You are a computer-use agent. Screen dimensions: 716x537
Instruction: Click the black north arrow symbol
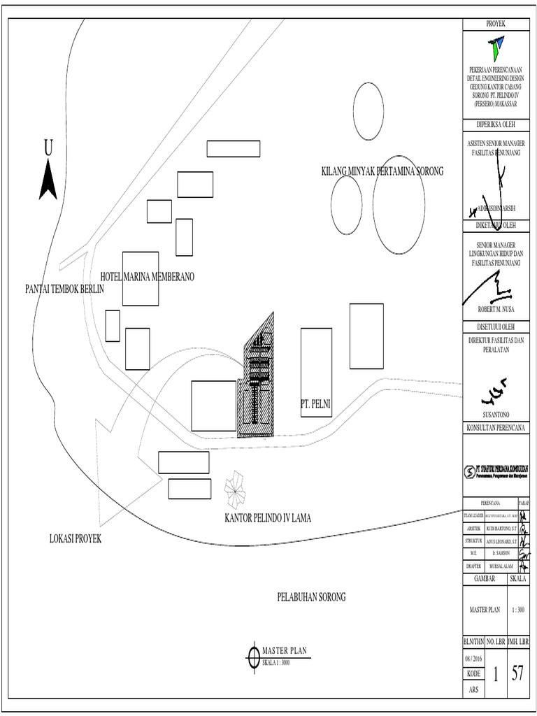click(48, 178)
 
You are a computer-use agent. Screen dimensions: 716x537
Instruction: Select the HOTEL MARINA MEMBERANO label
click(147, 277)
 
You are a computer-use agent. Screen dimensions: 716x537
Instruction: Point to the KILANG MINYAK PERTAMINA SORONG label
click(382, 171)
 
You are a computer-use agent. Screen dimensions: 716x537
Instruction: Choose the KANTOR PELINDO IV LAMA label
click(267, 519)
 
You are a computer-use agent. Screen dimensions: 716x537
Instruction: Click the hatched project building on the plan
click(257, 381)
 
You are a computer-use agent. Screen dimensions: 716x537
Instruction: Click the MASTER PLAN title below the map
click(284, 650)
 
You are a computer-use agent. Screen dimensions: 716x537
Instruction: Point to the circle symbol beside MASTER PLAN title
click(252, 655)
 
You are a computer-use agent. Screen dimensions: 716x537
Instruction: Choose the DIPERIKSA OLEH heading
click(499, 126)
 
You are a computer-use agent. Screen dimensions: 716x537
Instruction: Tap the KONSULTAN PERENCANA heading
click(499, 427)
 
